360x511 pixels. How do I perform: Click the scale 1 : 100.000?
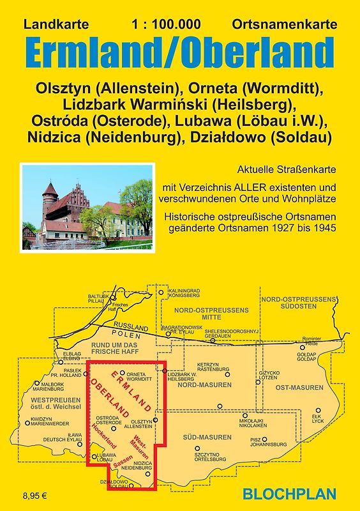(x=167, y=25)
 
